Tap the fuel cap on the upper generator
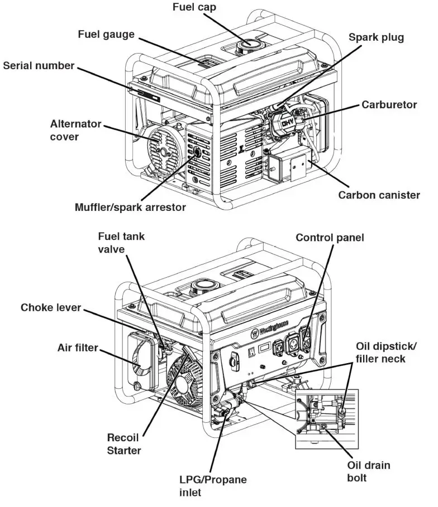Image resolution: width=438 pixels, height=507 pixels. pyautogui.click(x=248, y=45)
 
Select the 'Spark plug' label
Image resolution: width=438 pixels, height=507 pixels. pyautogui.click(x=376, y=38)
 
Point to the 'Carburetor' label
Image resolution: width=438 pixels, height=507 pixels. pyautogui.click(x=389, y=104)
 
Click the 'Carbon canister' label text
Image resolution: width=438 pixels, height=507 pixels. pyautogui.click(x=379, y=195)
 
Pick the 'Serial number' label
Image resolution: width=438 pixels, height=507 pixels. pyautogui.click(x=39, y=66)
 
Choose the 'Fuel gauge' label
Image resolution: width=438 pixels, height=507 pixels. pyautogui.click(x=106, y=35)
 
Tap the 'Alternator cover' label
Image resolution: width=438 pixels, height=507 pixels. pyautogui.click(x=75, y=130)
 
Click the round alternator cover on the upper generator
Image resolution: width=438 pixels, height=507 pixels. pyautogui.click(x=165, y=148)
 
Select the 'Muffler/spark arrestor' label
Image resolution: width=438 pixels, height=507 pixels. pyautogui.click(x=130, y=207)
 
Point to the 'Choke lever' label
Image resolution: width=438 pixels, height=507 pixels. pyautogui.click(x=51, y=307)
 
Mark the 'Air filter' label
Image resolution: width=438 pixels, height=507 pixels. pyautogui.click(x=78, y=348)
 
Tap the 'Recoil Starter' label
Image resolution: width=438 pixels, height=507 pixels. pyautogui.click(x=124, y=443)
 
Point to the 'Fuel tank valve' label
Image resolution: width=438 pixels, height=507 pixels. pyautogui.click(x=121, y=243)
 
